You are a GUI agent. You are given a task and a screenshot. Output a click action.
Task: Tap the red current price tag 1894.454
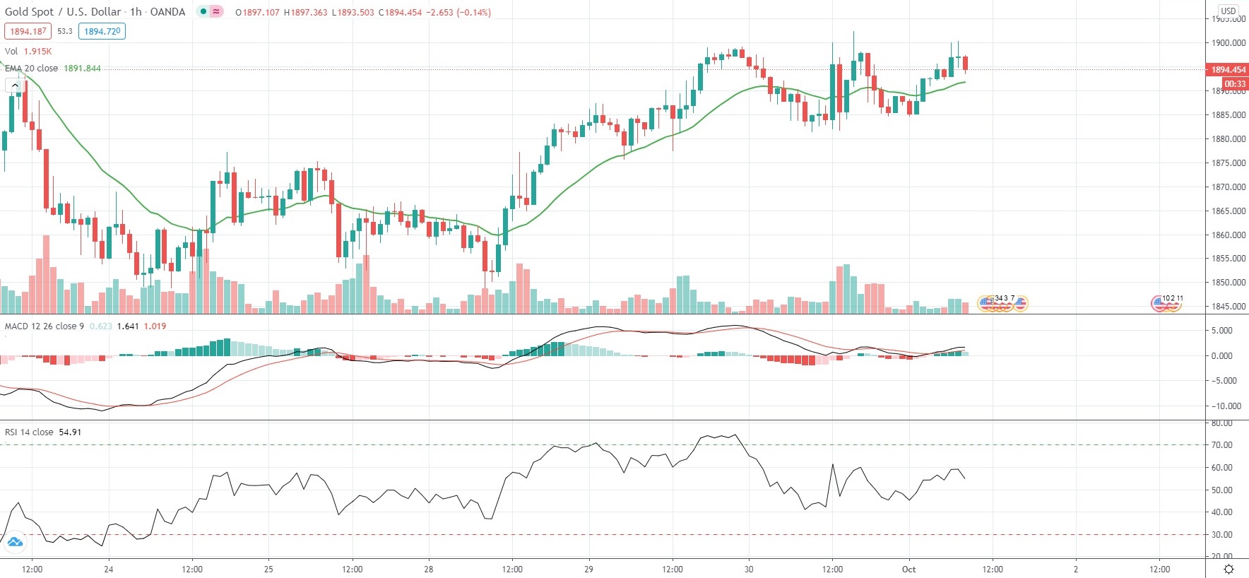click(x=1228, y=69)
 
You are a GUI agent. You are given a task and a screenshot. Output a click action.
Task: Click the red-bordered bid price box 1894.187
click(x=28, y=31)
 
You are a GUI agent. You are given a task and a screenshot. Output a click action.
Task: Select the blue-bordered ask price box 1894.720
click(x=102, y=31)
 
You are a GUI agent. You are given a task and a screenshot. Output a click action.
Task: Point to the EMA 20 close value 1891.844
click(x=82, y=69)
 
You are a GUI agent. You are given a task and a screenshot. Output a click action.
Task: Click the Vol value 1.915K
click(x=37, y=52)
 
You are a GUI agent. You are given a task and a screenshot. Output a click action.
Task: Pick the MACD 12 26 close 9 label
click(x=44, y=326)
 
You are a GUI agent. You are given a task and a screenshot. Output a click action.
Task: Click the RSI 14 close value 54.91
click(x=70, y=432)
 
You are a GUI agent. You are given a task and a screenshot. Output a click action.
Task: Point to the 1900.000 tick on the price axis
click(x=1228, y=43)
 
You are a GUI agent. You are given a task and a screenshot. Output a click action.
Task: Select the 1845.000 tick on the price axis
click(x=1228, y=307)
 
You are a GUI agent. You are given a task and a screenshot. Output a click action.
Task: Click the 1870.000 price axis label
click(x=1228, y=187)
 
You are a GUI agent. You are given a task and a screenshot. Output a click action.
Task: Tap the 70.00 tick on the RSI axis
click(x=1222, y=445)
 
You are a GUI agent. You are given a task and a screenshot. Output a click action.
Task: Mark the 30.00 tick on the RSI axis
click(x=1222, y=535)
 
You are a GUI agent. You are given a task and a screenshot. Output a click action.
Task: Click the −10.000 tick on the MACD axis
click(x=1226, y=406)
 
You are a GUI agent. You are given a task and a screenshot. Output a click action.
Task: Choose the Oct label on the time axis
click(x=908, y=570)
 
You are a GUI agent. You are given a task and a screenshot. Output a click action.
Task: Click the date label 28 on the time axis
click(x=429, y=570)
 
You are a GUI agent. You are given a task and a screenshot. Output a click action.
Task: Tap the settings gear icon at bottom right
click(x=1229, y=570)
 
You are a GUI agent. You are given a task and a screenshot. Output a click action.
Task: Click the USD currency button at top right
click(x=1229, y=11)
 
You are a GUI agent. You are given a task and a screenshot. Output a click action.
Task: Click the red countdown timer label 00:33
click(x=1235, y=84)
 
